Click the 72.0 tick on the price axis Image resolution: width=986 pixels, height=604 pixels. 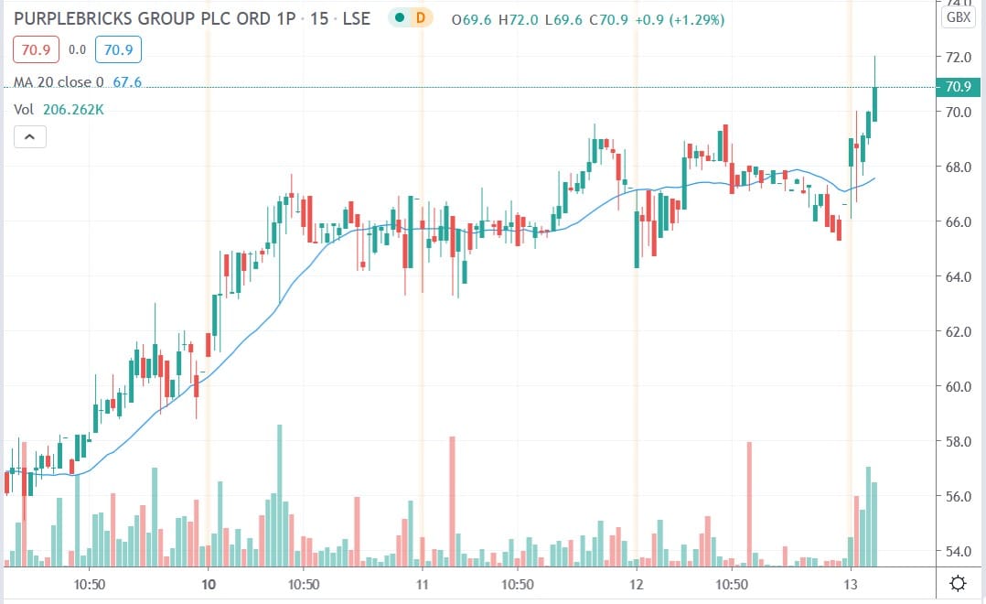tap(959, 57)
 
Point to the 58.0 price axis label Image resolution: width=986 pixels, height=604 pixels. tap(959, 441)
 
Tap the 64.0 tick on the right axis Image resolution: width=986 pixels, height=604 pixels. tap(959, 276)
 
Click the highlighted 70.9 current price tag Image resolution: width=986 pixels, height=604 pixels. tap(959, 87)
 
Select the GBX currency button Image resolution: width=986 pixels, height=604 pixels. tap(959, 16)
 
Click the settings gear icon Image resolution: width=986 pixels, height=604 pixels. tap(959, 583)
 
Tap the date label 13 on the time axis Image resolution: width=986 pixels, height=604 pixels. tap(851, 583)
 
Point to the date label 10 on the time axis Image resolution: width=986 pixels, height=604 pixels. tap(208, 583)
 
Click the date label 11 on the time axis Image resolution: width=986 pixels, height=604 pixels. tap(422, 583)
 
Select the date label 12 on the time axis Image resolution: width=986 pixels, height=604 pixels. tap(637, 583)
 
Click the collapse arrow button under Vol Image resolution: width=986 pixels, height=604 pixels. tap(29, 137)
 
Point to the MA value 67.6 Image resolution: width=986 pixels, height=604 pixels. tap(126, 82)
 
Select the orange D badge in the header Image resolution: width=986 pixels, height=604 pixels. tap(420, 17)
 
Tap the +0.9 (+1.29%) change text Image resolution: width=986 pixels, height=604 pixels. tap(679, 18)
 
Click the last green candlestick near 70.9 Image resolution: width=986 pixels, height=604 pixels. tap(874, 103)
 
